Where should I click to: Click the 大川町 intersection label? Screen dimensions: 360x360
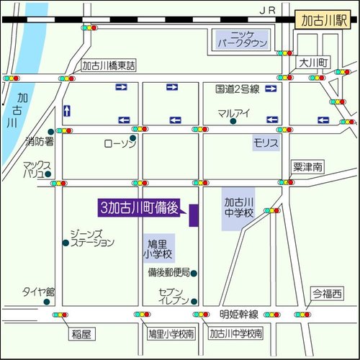coord(314,63)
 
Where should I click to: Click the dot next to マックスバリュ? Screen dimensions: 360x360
coord(48,174)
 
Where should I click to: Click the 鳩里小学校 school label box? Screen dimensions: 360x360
coord(158,249)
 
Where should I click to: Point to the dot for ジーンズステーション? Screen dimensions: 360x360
coord(66,242)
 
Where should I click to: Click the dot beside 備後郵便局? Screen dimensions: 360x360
coord(193,273)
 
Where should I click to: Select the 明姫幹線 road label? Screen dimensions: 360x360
coord(239,315)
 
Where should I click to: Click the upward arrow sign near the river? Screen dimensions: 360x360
coord(67,110)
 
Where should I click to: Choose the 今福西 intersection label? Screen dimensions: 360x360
coord(328,294)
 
